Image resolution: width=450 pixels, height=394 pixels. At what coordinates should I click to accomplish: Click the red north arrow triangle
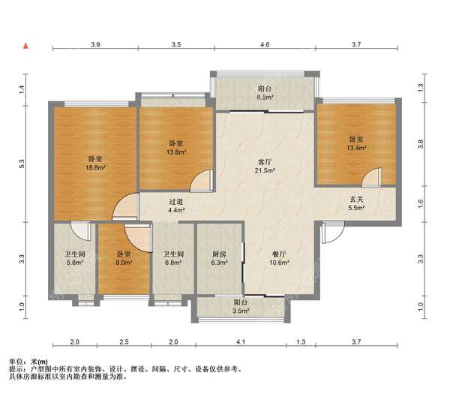point(26,46)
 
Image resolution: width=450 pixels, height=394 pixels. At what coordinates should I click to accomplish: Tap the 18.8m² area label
point(95,167)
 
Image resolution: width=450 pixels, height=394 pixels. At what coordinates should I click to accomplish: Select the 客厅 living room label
point(265,161)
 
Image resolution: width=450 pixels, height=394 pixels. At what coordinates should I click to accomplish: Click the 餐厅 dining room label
point(279,254)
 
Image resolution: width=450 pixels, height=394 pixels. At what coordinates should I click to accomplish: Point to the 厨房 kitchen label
point(219,254)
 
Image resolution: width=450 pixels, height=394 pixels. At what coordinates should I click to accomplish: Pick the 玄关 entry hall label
point(356,199)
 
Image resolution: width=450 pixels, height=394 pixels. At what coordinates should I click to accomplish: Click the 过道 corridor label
point(176,202)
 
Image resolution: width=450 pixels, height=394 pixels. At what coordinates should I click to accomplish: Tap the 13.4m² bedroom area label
point(356,148)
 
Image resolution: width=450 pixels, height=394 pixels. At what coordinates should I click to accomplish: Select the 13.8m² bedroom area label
point(176,152)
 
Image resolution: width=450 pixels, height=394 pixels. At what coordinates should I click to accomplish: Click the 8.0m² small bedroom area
point(124,263)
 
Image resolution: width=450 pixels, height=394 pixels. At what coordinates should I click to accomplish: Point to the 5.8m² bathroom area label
point(75,263)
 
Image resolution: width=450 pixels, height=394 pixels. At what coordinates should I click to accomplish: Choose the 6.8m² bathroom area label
point(173,263)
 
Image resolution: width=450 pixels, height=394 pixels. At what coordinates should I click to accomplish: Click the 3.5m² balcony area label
point(241,311)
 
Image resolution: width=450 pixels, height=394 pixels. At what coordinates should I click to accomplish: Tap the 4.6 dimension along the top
point(265,44)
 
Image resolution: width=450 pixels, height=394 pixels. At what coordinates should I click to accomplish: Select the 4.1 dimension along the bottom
point(241,341)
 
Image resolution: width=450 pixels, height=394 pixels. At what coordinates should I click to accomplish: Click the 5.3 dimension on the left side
point(22,164)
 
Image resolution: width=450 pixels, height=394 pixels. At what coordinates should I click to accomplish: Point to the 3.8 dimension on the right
point(421,144)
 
